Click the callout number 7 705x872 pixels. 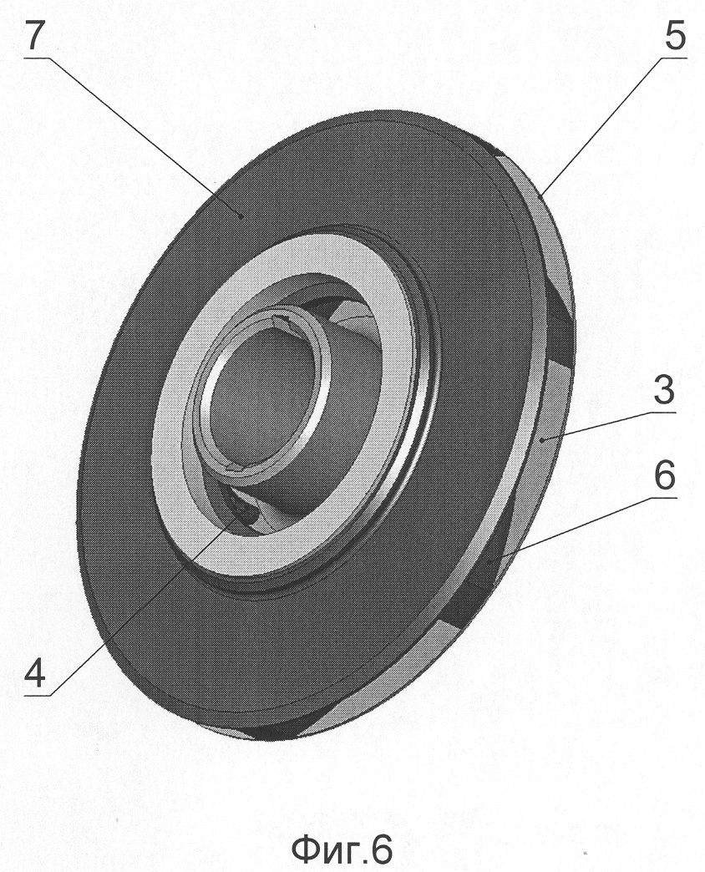point(34,38)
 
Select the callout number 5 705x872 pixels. point(675,38)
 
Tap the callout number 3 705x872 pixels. point(664,391)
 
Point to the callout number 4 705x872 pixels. point(34,675)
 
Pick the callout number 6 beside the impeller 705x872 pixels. point(664,477)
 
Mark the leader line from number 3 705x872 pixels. point(608,425)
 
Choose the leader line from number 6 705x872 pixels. point(582,530)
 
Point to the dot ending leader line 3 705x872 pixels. point(542,439)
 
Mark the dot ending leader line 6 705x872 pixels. point(489,561)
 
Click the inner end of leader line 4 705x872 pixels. point(241,512)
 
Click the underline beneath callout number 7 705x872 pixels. point(37,57)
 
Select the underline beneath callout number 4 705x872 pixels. point(37,695)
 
